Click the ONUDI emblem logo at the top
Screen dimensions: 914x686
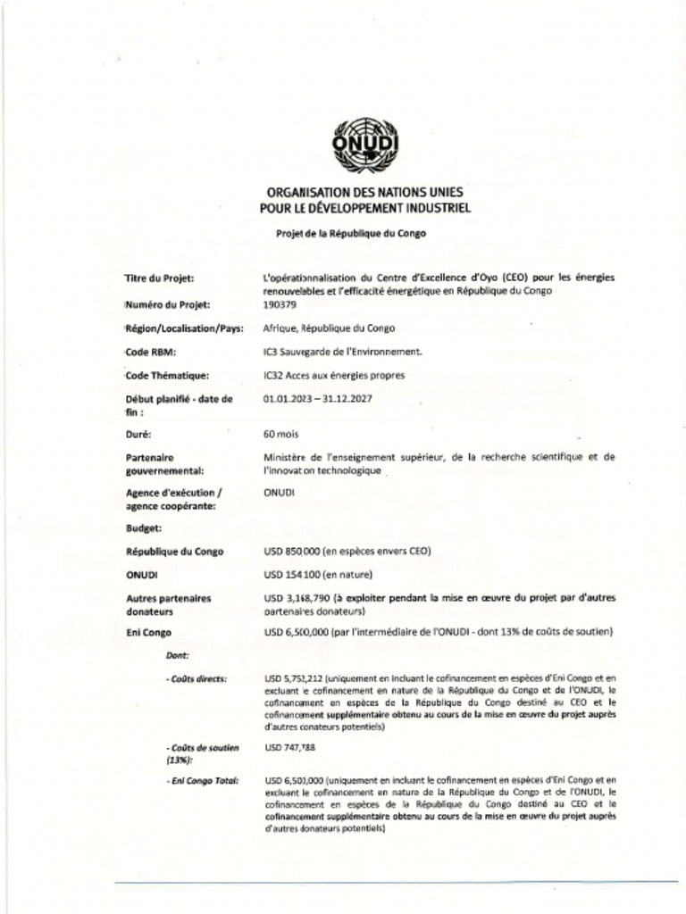[364, 144]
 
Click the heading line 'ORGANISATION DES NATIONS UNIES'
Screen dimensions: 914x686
[364, 192]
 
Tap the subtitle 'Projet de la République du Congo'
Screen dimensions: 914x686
[351, 232]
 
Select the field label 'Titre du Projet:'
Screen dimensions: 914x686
[160, 278]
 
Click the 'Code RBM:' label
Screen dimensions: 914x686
[149, 353]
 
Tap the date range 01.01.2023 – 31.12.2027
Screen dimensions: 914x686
[318, 399]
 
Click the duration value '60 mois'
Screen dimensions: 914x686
[281, 435]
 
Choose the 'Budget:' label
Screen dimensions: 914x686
[143, 528]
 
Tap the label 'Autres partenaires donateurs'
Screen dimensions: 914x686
[168, 605]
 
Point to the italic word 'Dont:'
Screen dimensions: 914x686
[177, 656]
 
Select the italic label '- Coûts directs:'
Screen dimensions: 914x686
[197, 679]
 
